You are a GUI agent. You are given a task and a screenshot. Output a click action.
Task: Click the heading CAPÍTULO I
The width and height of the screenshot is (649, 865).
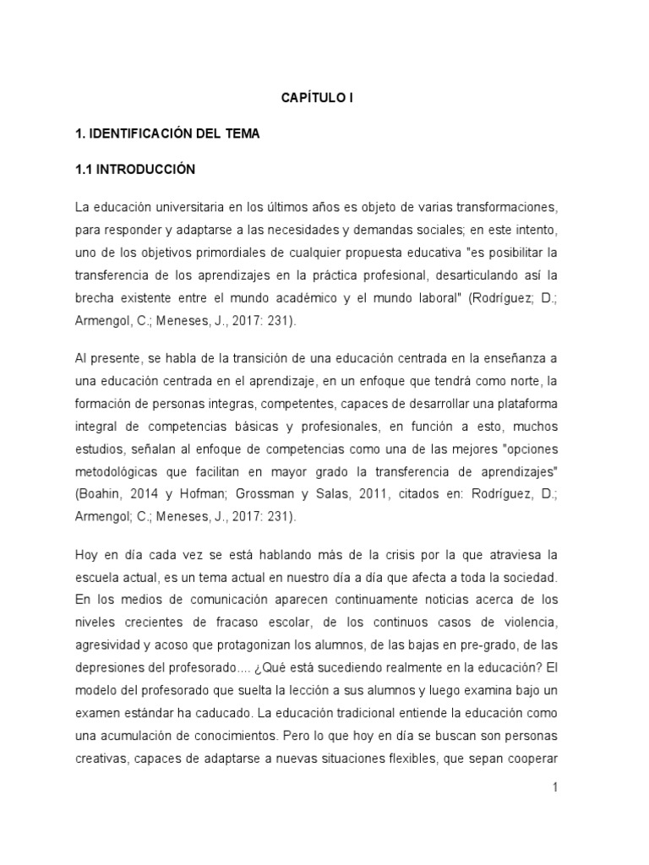coord(317,98)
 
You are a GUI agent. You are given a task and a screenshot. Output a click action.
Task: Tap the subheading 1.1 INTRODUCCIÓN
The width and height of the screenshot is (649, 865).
coord(135,169)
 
